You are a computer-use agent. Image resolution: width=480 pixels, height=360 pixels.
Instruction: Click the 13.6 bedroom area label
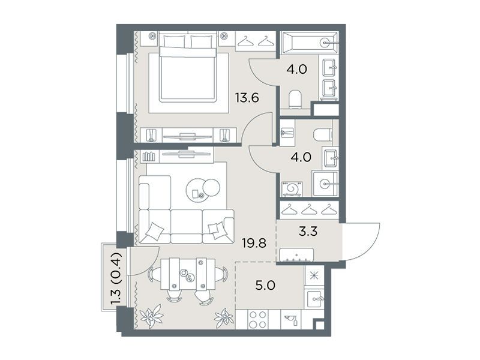click(x=247, y=98)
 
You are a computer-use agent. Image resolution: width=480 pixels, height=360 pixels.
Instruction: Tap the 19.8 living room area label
click(x=254, y=244)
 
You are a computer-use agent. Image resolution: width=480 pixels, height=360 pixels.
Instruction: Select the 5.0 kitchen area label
click(x=265, y=286)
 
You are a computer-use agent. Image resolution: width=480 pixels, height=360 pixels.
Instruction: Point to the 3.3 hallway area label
click(x=308, y=232)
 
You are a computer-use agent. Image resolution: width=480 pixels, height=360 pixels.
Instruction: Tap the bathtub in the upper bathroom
click(x=310, y=43)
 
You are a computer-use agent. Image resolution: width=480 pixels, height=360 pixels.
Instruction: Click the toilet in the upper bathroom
click(x=295, y=100)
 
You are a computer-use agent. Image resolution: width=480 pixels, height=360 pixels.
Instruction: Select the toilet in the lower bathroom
click(x=323, y=134)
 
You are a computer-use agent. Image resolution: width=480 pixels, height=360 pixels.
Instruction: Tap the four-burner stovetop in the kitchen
click(x=258, y=320)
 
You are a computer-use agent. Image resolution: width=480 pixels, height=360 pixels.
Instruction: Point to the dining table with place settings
click(x=188, y=274)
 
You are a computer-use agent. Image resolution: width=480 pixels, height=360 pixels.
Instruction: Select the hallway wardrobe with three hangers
click(x=309, y=209)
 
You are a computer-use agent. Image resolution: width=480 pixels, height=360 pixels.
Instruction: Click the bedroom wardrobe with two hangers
click(x=257, y=41)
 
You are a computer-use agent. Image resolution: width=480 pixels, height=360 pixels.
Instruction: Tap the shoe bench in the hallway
click(x=296, y=254)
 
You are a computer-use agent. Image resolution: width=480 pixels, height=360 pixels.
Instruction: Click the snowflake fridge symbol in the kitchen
click(x=314, y=275)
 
